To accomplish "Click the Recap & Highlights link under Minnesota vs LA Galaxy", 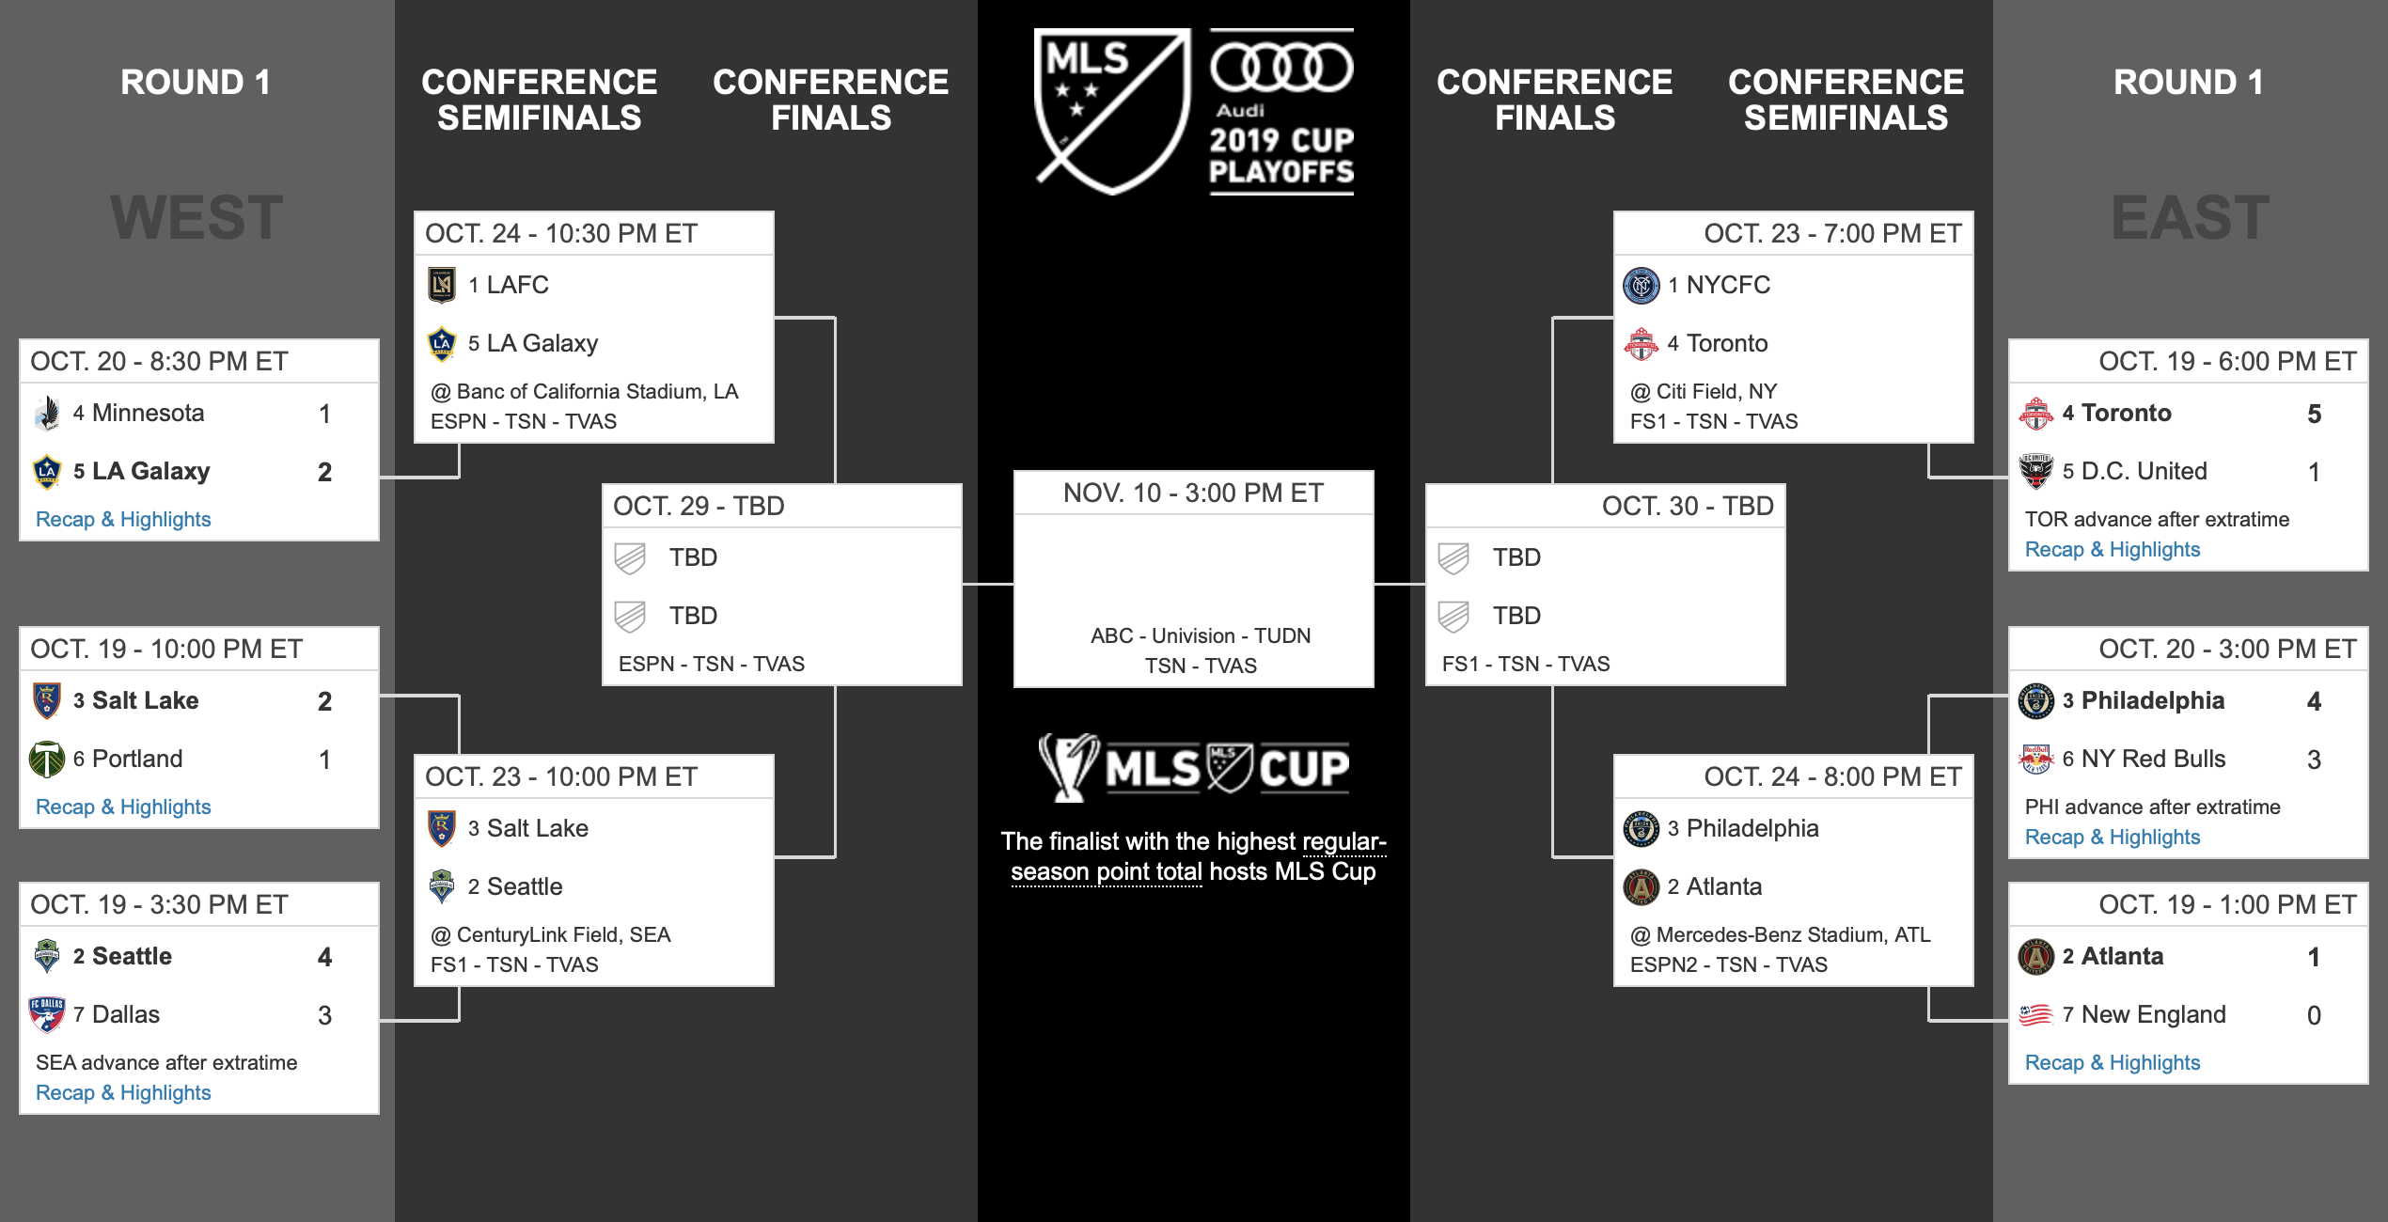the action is pos(123,520).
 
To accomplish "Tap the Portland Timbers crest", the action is pos(47,759).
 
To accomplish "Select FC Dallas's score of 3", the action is pos(324,1015).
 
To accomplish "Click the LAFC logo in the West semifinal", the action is pos(442,285).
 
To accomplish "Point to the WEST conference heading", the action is pos(196,217).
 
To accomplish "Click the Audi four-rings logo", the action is pos(1281,67).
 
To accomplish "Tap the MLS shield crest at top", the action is pos(1112,111).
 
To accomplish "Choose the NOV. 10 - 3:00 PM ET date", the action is pos(1193,493).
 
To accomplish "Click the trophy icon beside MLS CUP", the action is pos(1069,767).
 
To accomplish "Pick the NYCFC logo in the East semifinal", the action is pos(1642,285).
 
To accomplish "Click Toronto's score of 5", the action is pos(2314,414).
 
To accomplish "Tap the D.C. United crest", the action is pos(2036,471).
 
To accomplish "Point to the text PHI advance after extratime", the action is pos(2152,807).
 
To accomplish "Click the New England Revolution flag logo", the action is pos(2036,1014).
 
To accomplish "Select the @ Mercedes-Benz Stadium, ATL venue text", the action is pos(1780,934).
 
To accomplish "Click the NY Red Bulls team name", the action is pos(2153,759).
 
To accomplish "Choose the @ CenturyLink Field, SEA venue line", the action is pos(550,934).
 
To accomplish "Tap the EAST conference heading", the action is pos(2190,217).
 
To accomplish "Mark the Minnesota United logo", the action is pos(47,413).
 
